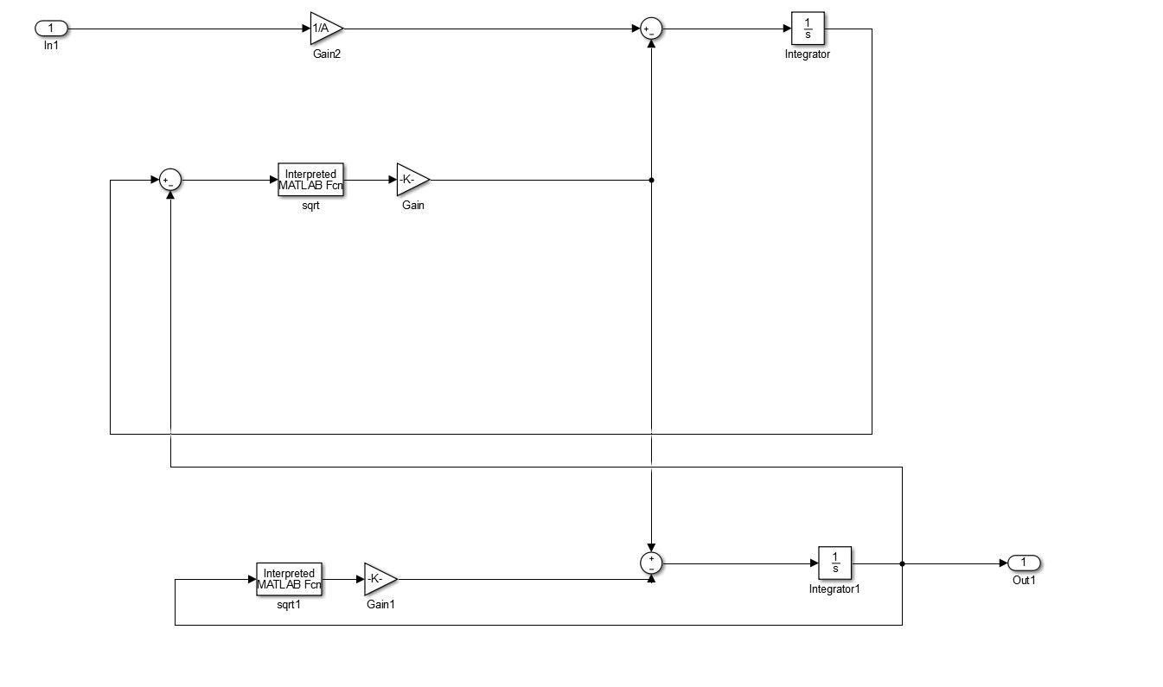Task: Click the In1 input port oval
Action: (x=50, y=29)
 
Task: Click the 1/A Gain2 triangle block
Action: (x=324, y=29)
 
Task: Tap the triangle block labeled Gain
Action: (x=411, y=180)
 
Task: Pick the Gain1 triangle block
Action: (x=378, y=579)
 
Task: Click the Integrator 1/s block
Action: (x=808, y=29)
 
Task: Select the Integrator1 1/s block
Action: (x=834, y=563)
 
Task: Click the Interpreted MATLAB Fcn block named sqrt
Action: (x=310, y=180)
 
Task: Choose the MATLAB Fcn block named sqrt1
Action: (x=289, y=579)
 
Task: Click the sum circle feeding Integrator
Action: (x=650, y=29)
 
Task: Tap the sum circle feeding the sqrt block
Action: (x=170, y=180)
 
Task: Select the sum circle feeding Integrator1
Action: (x=650, y=563)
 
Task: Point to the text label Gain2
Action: (x=326, y=54)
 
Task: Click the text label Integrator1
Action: (x=834, y=589)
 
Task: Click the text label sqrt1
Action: (x=289, y=605)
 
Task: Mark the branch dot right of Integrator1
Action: (x=902, y=563)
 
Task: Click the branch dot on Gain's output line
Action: (x=650, y=180)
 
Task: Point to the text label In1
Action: (x=50, y=45)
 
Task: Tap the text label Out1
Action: (x=1024, y=580)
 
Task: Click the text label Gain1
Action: (x=380, y=605)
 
